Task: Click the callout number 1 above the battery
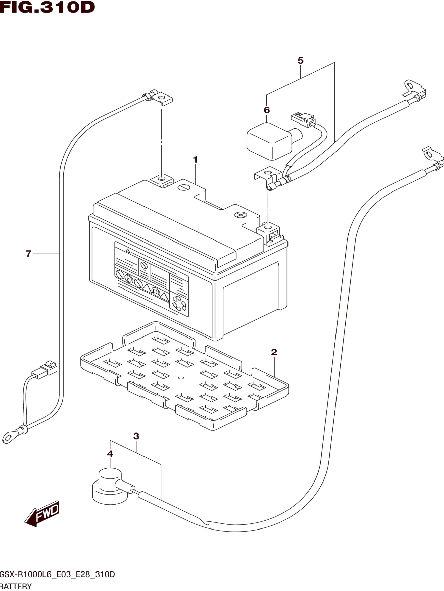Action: (195, 160)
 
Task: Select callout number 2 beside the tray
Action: (274, 352)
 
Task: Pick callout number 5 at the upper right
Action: (300, 61)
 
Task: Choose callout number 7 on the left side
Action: (29, 253)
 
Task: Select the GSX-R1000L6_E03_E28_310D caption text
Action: (57, 574)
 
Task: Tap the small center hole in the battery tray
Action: (181, 378)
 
